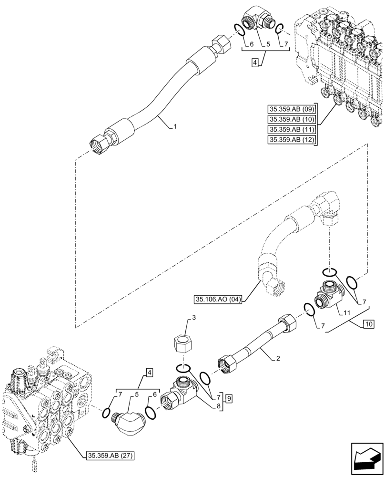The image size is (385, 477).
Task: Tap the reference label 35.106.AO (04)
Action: pos(219,300)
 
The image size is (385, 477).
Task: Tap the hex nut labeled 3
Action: pos(182,343)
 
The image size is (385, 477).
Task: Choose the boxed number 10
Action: pos(368,325)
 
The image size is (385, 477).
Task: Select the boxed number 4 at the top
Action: pos(255,62)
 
